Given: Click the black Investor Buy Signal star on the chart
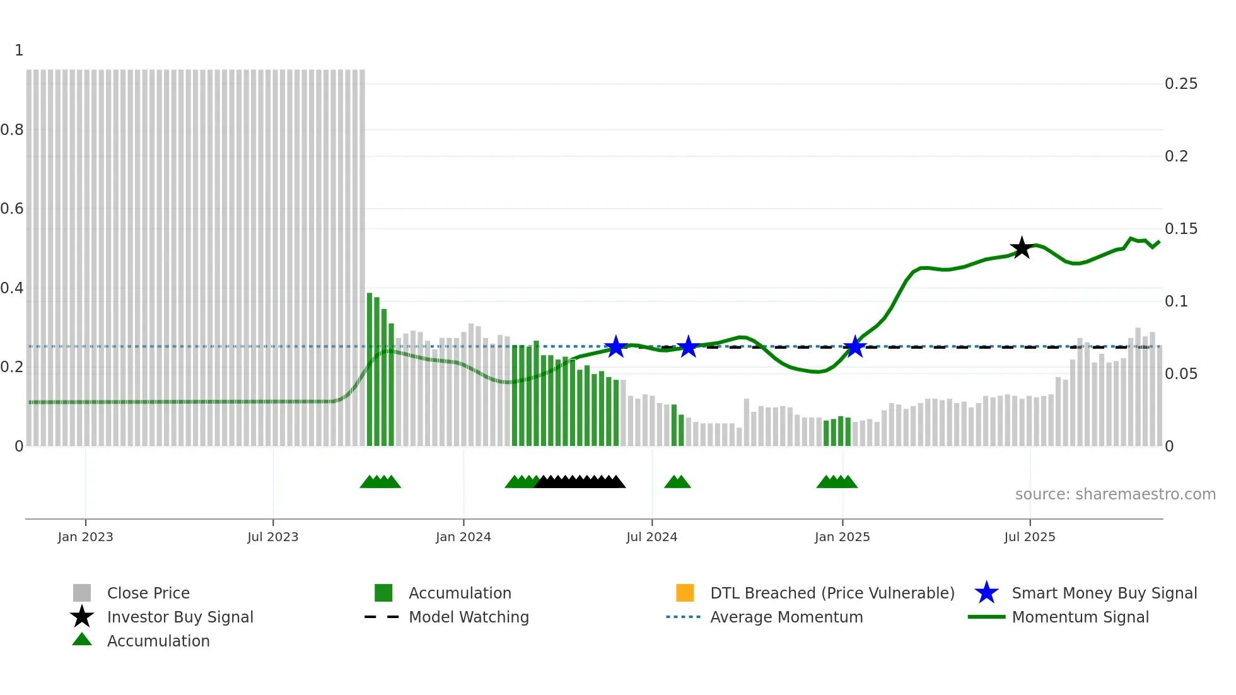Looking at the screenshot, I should coord(1021,248).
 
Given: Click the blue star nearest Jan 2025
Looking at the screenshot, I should coord(855,347).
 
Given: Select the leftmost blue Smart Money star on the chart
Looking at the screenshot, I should coord(615,347).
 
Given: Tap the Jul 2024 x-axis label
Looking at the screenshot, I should coord(651,537).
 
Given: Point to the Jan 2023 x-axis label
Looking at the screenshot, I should coord(85,537).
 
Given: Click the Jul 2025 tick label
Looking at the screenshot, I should coord(1029,537).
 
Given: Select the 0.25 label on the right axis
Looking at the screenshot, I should coord(1181,84).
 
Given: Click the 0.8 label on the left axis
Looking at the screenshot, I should coord(12,130).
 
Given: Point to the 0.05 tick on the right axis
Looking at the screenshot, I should coord(1181,374).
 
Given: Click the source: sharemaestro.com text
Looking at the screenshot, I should coord(1115,494).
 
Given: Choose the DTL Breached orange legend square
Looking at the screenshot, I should coord(685,593).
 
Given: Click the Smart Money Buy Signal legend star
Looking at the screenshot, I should coord(986,593).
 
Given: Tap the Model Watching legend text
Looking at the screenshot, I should coord(469,617).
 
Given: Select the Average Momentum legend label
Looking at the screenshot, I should coord(786,617).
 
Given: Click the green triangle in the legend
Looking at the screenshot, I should coord(82,640).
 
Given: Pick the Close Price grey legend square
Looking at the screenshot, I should coord(82,593).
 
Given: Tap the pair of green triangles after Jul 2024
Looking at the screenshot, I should coord(677,482).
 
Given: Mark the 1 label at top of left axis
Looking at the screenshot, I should coord(19,50).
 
